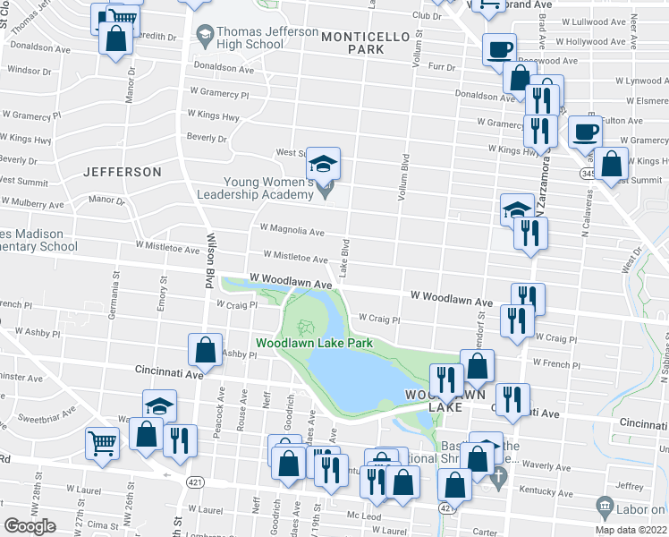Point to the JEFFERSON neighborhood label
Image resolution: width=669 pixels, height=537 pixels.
coord(123,171)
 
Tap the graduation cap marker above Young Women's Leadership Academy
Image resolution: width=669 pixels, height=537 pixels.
coord(323,163)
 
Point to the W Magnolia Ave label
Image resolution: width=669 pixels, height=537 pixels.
coord(292,231)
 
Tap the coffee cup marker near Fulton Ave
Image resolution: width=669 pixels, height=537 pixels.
coord(586,132)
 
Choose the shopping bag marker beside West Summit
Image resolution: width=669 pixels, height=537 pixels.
coord(613,165)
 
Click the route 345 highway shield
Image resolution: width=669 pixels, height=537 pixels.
coord(588,173)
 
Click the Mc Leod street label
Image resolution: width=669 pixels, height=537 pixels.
coord(364,516)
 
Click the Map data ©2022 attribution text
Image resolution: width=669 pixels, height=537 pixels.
coord(631,530)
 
